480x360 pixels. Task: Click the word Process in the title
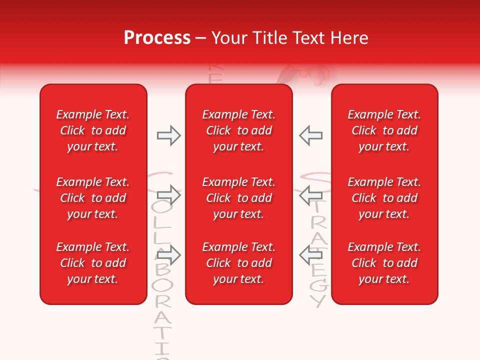point(157,38)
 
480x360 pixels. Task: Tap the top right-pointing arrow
point(168,135)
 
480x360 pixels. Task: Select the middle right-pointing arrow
point(168,194)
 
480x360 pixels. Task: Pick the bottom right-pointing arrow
point(168,255)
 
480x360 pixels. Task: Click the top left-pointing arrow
point(310,135)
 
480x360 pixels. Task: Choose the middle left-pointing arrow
point(310,194)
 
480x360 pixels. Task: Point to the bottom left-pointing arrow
point(310,255)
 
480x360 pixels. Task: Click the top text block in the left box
point(93,130)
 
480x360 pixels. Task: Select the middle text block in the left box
point(93,198)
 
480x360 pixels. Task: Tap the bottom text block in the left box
point(93,263)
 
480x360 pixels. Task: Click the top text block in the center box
point(238,130)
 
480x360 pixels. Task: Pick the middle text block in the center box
point(238,198)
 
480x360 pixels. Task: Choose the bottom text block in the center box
point(238,263)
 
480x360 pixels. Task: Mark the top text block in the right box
point(384,130)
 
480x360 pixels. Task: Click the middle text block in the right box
point(384,198)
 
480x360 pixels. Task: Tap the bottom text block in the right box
point(384,263)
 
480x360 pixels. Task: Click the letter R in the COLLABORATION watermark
point(161,301)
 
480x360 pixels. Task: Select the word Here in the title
point(349,38)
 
